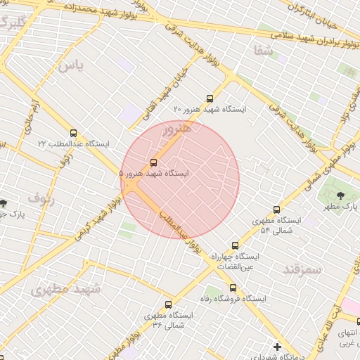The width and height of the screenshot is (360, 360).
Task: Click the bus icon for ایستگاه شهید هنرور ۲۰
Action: [210, 99]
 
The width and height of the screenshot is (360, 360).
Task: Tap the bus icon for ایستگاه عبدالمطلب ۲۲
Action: [73, 133]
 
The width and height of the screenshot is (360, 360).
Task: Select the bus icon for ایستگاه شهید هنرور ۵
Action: [154, 162]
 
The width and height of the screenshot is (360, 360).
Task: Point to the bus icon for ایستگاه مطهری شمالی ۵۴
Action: [276, 210]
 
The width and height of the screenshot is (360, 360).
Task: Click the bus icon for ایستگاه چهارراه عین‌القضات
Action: [235, 246]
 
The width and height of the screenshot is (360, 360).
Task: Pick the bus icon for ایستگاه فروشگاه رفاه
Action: [233, 288]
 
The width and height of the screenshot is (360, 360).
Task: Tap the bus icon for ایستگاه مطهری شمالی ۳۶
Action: [167, 304]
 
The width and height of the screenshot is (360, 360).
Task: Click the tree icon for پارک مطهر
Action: [340, 195]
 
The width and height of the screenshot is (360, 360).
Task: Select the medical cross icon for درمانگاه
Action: [278, 347]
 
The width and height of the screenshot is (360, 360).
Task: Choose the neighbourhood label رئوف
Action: [41, 198]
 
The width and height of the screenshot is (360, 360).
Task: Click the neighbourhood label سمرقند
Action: [302, 269]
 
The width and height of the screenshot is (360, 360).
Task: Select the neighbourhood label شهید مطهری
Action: [66, 288]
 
